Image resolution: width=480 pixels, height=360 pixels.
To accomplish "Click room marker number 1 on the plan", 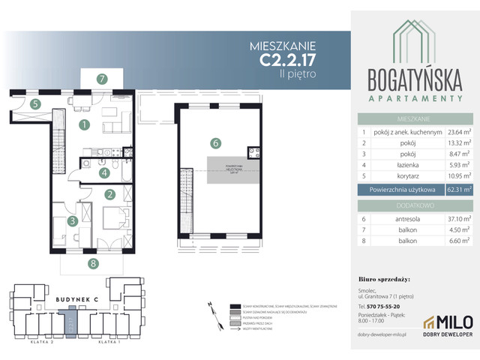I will [85, 124].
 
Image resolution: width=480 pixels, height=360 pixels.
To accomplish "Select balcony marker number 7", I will [100, 78].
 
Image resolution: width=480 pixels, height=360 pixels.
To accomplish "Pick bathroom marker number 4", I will [105, 172].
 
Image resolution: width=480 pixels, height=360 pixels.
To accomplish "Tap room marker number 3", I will [73, 221].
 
